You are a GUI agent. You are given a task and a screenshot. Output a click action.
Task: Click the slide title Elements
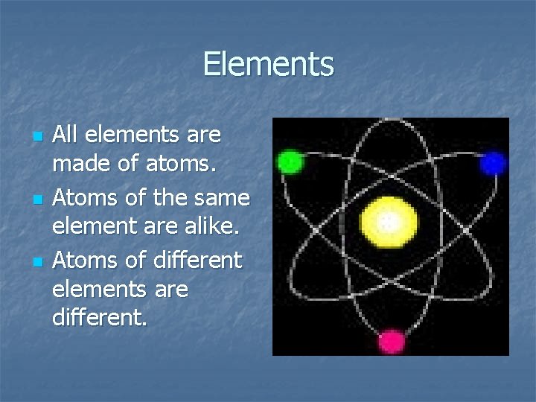[268, 64]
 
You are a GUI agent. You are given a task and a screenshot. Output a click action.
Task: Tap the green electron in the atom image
[290, 162]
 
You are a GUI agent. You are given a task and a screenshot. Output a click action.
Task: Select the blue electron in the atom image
[492, 163]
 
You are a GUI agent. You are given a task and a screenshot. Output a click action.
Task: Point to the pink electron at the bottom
[391, 341]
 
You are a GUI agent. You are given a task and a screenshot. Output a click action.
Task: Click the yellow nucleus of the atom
[388, 221]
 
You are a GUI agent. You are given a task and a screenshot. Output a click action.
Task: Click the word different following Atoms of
[197, 261]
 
